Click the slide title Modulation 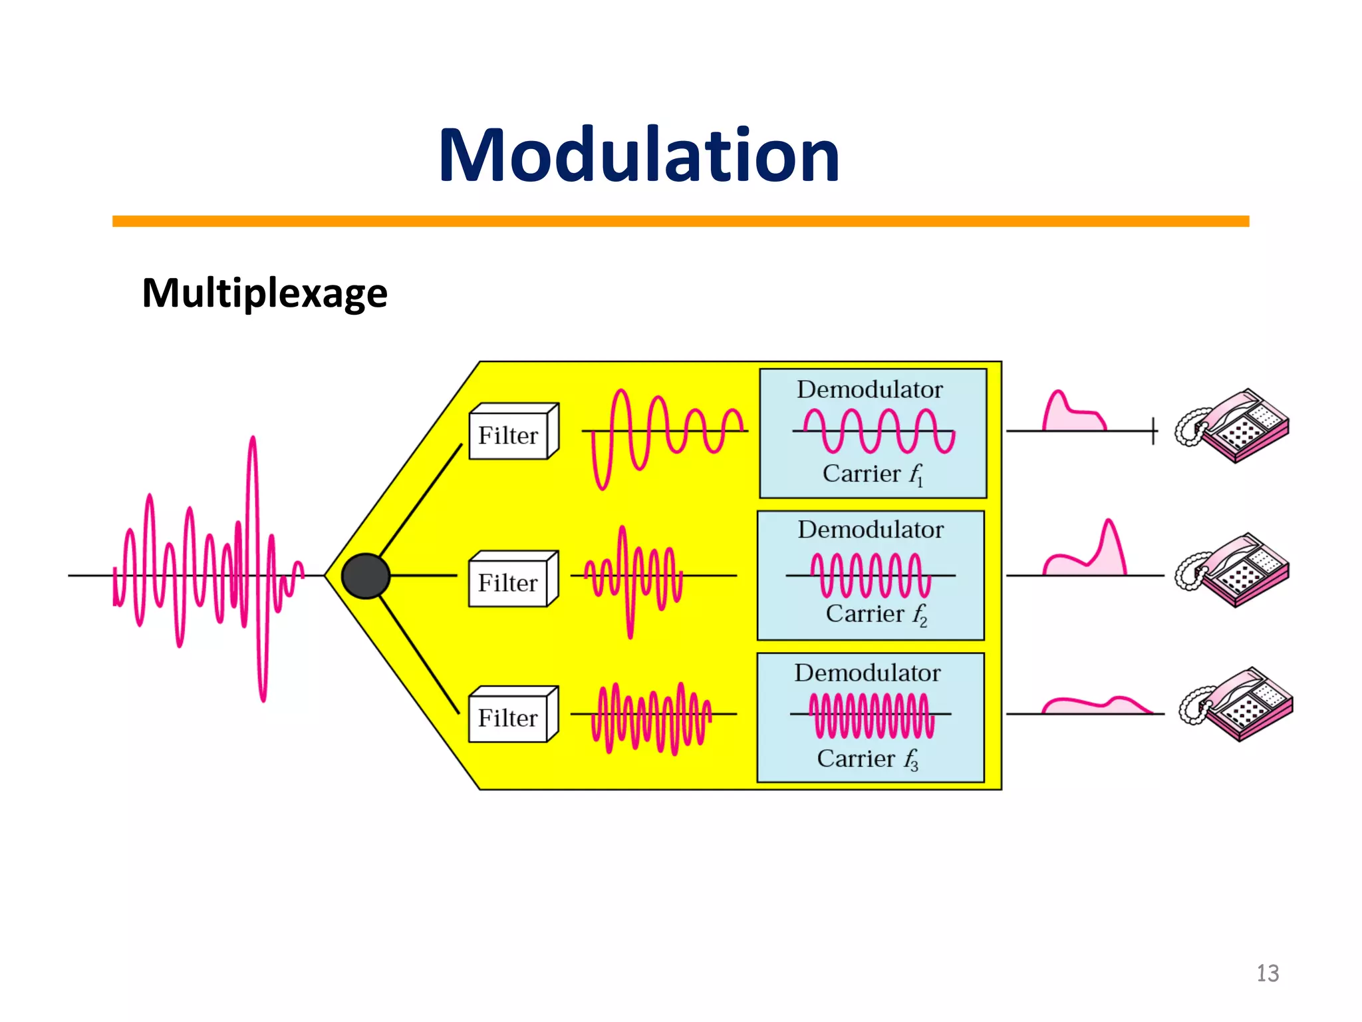point(638,156)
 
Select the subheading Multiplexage point(265,293)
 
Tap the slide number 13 point(1268,973)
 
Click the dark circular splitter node point(365,576)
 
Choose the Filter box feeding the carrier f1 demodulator point(513,433)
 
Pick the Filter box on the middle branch point(513,580)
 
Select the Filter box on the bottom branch point(513,715)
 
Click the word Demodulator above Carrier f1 point(870,390)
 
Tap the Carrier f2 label point(875,614)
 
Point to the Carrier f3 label point(867,759)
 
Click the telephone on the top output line point(1232,426)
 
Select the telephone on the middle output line point(1232,570)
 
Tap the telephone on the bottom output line point(1236,705)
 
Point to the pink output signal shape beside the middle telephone point(1091,559)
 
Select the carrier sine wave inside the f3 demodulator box point(871,715)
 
